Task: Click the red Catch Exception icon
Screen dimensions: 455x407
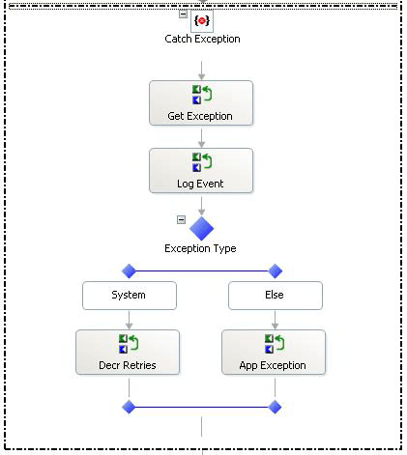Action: click(202, 19)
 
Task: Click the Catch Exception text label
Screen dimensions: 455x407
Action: click(202, 40)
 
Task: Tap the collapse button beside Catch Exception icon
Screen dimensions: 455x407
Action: click(183, 14)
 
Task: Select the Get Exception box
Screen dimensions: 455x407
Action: click(201, 102)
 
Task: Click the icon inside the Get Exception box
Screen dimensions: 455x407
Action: click(202, 94)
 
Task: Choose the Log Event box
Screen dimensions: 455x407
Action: click(201, 170)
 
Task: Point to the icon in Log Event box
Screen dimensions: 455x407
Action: click(202, 161)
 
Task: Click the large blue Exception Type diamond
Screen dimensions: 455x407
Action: click(201, 229)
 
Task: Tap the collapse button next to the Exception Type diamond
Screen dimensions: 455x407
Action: click(181, 219)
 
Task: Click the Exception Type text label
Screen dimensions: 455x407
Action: click(201, 249)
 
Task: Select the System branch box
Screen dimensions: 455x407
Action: click(129, 296)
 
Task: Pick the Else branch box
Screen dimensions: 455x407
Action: click(275, 296)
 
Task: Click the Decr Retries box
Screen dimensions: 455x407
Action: click(128, 352)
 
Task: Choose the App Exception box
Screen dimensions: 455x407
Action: click(274, 352)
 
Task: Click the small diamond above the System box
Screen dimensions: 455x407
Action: click(129, 271)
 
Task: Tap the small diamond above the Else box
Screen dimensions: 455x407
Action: click(275, 271)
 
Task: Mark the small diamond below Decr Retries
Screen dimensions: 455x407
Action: click(129, 407)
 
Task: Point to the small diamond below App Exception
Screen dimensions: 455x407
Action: click(275, 407)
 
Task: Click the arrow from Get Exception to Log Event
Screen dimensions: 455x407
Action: click(201, 137)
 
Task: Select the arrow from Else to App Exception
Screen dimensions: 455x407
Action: click(275, 320)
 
